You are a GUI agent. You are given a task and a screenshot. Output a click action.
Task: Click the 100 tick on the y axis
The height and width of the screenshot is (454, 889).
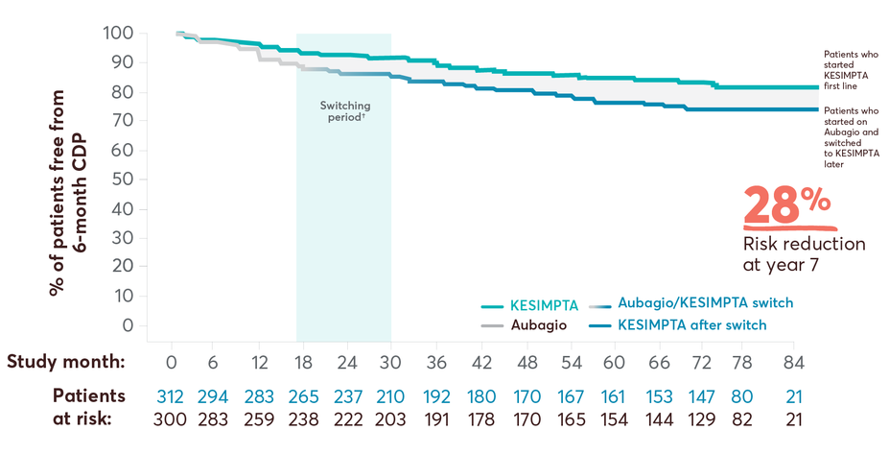click(x=117, y=34)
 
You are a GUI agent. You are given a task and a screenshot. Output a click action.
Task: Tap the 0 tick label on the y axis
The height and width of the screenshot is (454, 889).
click(x=128, y=326)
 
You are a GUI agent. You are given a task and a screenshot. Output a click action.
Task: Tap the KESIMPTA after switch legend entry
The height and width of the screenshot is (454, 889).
click(x=692, y=325)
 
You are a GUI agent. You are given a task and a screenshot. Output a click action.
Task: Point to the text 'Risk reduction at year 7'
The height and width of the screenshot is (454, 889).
click(x=804, y=254)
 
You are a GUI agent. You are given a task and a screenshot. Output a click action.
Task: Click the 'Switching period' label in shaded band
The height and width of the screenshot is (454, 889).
click(x=344, y=110)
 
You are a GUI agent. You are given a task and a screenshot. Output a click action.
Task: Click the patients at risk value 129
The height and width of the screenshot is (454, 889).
click(x=703, y=418)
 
